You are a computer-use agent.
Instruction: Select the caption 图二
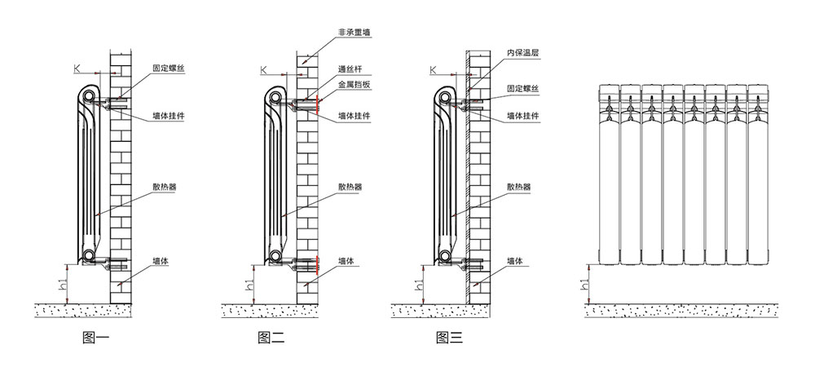270,337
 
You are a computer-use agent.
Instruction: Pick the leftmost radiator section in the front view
609,175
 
